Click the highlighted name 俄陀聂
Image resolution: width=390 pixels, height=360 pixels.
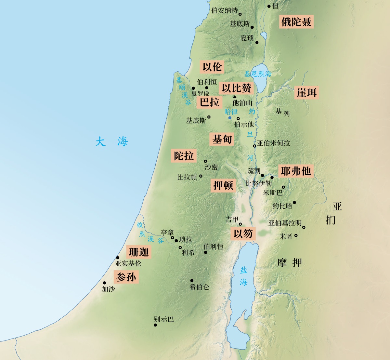point(296,22)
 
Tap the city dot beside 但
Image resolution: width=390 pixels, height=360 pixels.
point(269,6)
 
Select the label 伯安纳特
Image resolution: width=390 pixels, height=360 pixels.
point(224,11)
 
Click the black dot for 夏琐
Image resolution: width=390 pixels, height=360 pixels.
point(257,43)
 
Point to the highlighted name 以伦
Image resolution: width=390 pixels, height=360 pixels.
point(212,67)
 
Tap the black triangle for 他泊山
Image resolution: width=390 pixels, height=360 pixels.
point(235,97)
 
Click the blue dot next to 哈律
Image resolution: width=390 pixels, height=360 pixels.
point(230,118)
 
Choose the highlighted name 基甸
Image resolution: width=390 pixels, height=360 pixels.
point(222,140)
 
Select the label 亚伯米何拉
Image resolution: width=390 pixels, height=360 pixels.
point(273,143)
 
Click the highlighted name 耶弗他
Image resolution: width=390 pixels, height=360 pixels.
point(296,171)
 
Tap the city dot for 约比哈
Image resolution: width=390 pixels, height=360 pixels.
point(294,202)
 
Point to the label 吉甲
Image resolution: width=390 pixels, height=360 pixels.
point(232,220)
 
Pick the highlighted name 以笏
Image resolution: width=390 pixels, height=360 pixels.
point(243,233)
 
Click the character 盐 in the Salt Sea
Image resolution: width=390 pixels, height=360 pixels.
point(243,270)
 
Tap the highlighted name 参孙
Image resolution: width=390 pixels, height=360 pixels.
point(126,277)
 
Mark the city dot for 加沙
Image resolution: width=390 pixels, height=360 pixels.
point(105,283)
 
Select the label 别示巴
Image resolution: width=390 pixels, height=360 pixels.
point(164,319)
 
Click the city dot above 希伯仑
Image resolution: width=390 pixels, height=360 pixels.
point(192,281)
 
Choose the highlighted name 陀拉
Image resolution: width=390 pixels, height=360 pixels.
point(184,156)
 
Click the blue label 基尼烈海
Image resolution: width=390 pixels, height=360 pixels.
point(258,74)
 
